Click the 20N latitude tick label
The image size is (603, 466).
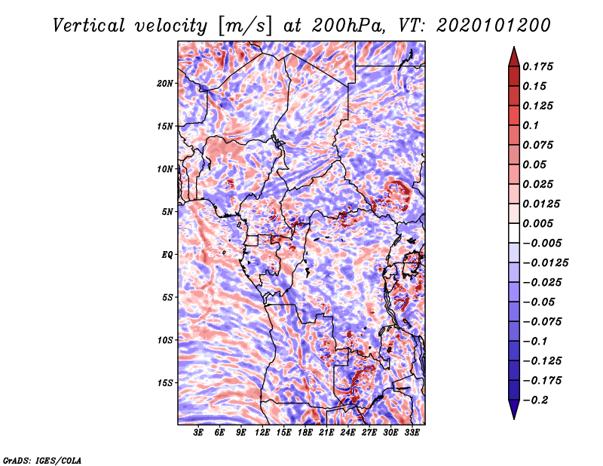[x=165, y=83]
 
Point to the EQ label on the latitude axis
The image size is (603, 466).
[x=167, y=255]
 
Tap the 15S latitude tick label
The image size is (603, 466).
[x=165, y=383]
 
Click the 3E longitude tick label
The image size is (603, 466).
[x=199, y=433]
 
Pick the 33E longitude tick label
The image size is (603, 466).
[x=412, y=433]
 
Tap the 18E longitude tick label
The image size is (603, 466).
[x=305, y=433]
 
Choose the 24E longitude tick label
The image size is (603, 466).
[x=348, y=433]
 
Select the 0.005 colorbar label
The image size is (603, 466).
[x=540, y=224]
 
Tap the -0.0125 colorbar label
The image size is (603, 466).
[x=546, y=263]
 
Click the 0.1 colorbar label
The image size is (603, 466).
[x=532, y=125]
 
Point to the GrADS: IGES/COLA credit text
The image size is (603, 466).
[x=42, y=459]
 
